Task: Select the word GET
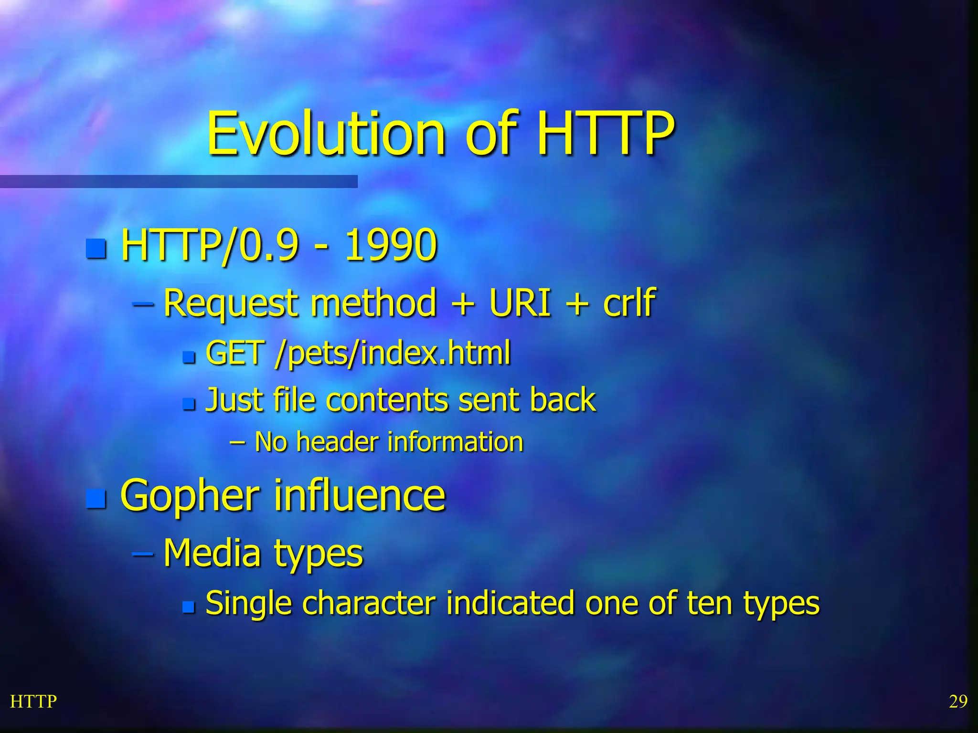[x=235, y=353]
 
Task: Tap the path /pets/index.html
[x=393, y=354]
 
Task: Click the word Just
[x=235, y=399]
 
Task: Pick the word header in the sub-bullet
[x=338, y=442]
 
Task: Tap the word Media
[x=213, y=553]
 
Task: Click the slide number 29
[x=957, y=702]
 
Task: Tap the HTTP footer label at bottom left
[x=33, y=702]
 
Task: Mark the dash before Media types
[x=142, y=554]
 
